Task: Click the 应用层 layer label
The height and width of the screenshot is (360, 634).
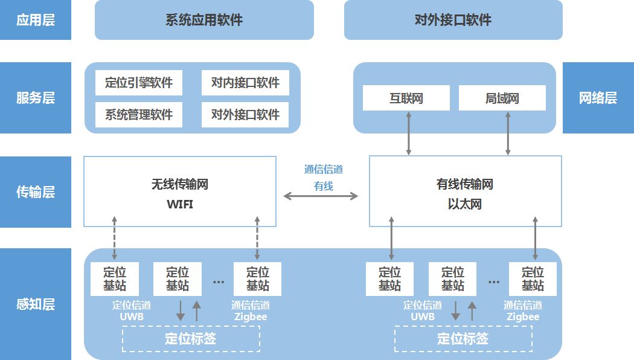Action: pos(36,20)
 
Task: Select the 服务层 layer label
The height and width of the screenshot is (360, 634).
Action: pos(36,98)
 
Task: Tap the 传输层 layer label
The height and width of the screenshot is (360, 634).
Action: pos(36,192)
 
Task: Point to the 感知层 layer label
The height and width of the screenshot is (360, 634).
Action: pos(36,304)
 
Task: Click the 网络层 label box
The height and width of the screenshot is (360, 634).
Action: pos(598,98)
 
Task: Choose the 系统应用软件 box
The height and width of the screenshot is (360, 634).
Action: pos(204,20)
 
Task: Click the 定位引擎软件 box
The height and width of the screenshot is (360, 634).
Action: pos(139,83)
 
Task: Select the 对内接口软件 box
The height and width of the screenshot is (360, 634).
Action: pos(245,83)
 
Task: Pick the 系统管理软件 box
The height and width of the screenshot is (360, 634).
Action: pos(139,114)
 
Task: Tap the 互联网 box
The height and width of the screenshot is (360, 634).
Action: pos(406,98)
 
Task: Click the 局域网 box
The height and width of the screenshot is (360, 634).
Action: pos(502,98)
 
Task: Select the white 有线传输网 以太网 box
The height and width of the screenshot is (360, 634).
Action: pos(464,192)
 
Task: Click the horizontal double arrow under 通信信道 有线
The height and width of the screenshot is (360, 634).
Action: pos(321,196)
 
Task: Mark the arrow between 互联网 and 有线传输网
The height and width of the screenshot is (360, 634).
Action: pos(409,133)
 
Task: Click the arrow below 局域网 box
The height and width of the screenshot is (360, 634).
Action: pos(508,133)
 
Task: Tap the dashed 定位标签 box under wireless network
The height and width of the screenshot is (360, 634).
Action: pos(191,338)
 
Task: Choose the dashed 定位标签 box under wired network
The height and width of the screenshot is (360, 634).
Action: pos(463,338)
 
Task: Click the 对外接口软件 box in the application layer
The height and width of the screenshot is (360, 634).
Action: pos(453,20)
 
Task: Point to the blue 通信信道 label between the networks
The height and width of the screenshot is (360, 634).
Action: pos(324,170)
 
